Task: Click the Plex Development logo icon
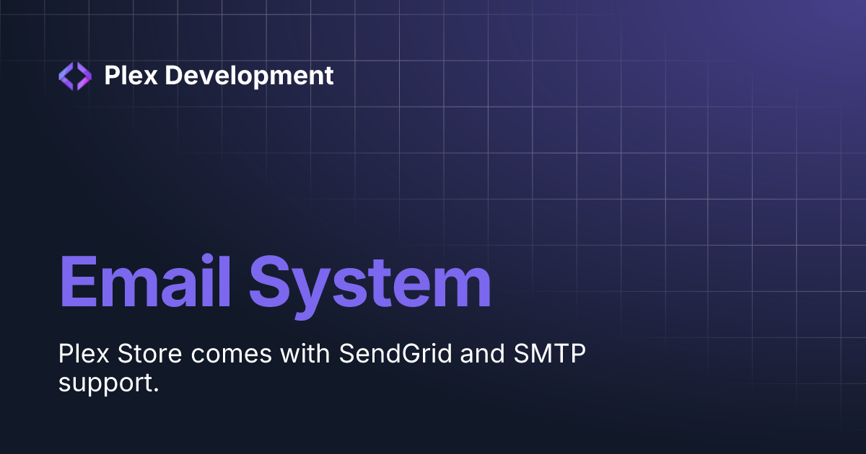[75, 76]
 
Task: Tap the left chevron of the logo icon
[66, 76]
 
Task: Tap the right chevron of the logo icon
[84, 76]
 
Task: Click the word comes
[216, 357]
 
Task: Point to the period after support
[154, 390]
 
